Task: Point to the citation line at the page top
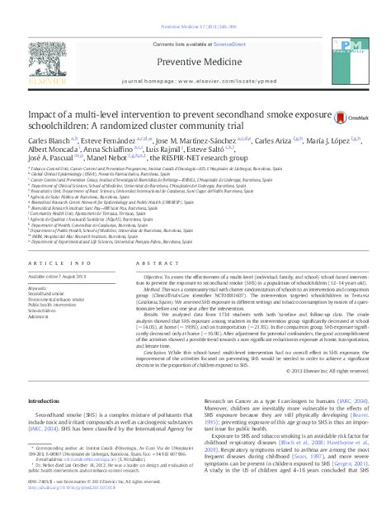coord(195,6)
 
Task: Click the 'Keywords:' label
coord(41,285)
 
